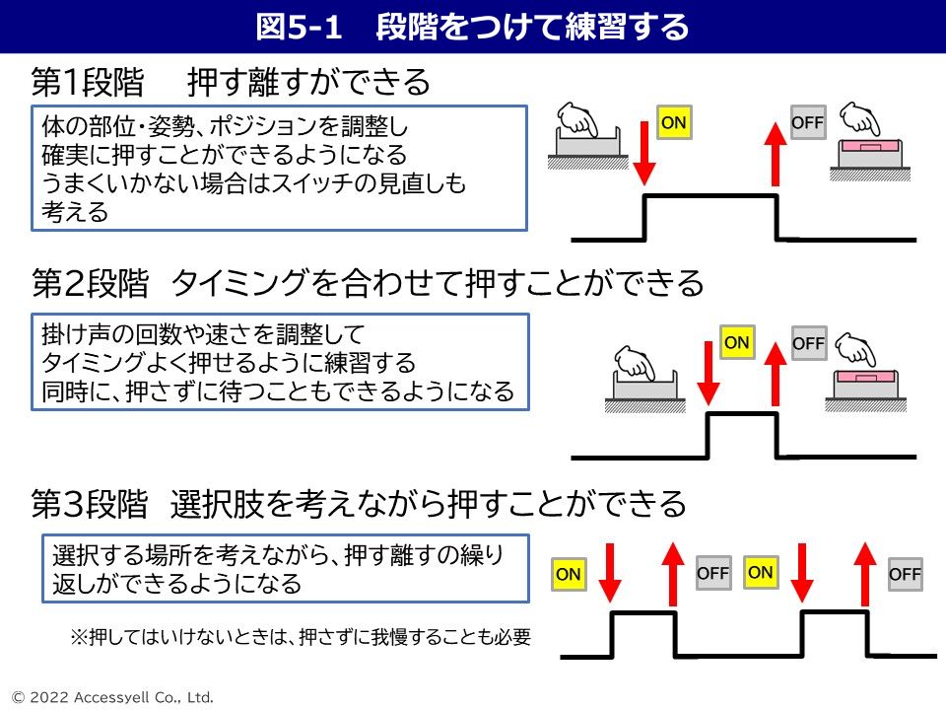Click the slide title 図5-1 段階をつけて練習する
coord(472,27)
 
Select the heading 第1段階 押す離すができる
coord(231,82)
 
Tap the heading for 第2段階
coord(368,284)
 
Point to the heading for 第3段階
coord(359,504)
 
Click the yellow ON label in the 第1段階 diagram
coord(673,122)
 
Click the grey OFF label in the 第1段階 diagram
coord(807,122)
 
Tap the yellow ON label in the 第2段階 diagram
coord(736,342)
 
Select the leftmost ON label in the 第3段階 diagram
coord(569,574)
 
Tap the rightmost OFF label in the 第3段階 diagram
coord(904,574)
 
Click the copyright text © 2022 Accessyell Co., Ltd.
coord(107,697)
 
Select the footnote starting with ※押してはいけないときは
coord(301,637)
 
